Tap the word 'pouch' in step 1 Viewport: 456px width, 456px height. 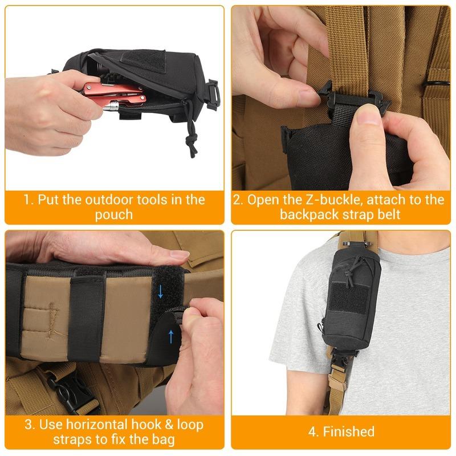tap(114, 214)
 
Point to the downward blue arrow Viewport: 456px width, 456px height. tap(161, 292)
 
